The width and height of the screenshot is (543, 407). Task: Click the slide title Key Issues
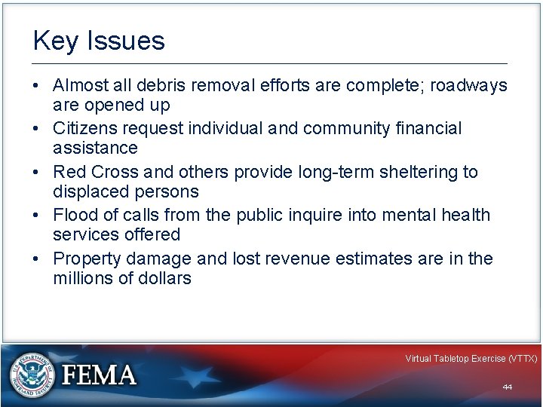click(x=99, y=41)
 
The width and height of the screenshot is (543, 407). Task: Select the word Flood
click(x=75, y=216)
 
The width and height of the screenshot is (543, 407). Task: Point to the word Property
click(x=86, y=259)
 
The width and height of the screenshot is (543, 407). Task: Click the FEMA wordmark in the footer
click(x=100, y=375)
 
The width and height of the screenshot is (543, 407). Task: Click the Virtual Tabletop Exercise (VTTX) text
click(x=471, y=359)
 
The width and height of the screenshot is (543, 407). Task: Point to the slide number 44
click(x=507, y=387)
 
